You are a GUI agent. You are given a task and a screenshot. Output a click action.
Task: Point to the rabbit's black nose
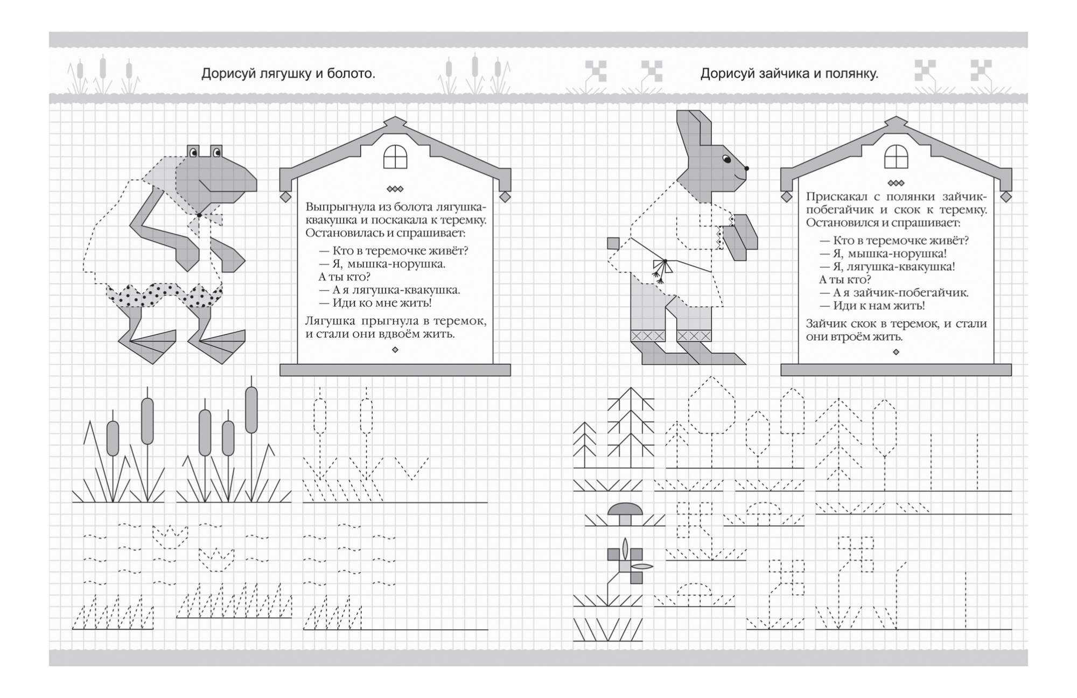tap(746, 169)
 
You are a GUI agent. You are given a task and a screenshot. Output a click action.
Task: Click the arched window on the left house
tap(395, 157)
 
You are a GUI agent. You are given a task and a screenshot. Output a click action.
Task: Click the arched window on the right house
tap(896, 157)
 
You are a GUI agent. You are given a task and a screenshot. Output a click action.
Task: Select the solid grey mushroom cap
tap(625, 509)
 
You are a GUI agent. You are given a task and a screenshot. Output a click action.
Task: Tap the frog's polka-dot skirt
tap(164, 295)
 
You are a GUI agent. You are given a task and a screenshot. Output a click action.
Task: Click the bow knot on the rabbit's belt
tap(665, 262)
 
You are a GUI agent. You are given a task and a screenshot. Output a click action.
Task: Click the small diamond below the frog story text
tap(395, 350)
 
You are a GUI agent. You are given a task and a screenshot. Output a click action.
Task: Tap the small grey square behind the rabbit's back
tap(613, 243)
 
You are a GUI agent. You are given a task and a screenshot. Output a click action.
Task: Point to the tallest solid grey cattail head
tap(251, 410)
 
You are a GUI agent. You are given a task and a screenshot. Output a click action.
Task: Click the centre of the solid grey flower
tap(625, 566)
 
